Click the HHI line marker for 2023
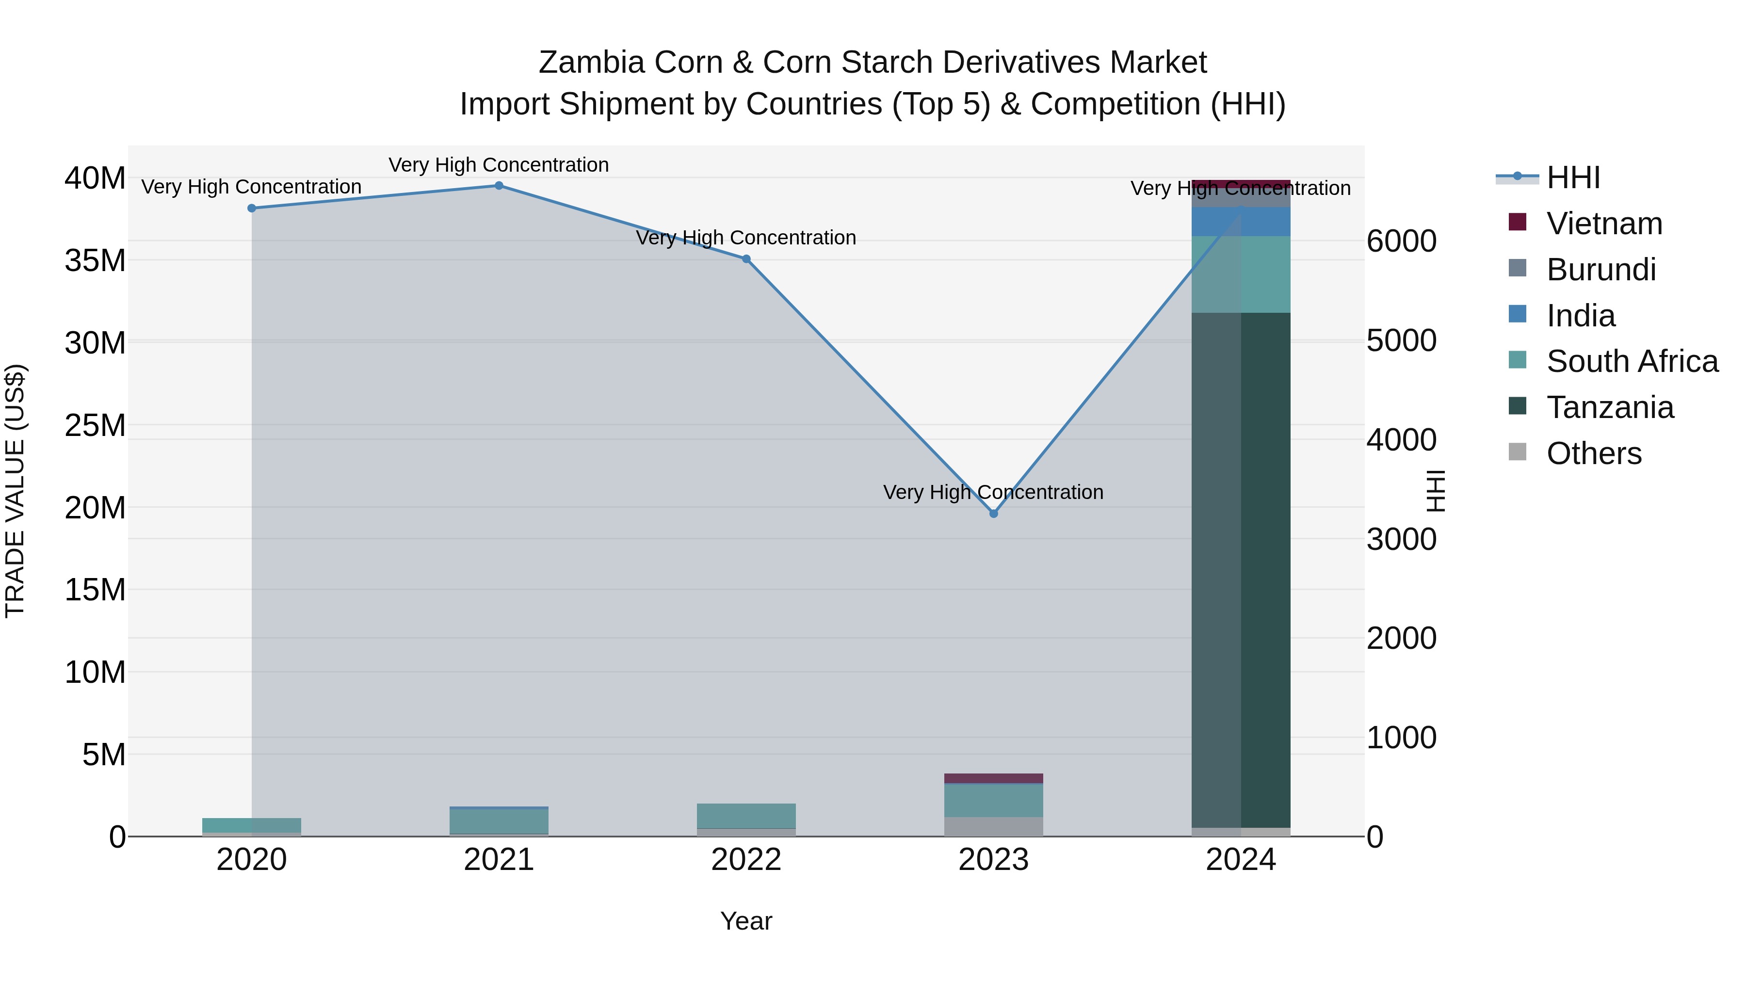coord(994,514)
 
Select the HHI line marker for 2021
coord(499,186)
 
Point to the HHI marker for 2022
coord(746,259)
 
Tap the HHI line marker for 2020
coord(251,208)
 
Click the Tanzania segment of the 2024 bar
coord(1241,569)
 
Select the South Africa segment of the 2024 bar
coord(1241,274)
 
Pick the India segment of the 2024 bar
coord(1241,222)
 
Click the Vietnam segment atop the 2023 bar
coord(994,778)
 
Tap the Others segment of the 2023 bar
coord(994,826)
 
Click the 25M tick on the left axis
coord(95,426)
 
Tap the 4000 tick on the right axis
coord(1401,440)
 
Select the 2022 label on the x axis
coord(746,860)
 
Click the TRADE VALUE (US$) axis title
coord(15,491)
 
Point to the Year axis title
coord(746,921)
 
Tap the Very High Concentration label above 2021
coord(499,165)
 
